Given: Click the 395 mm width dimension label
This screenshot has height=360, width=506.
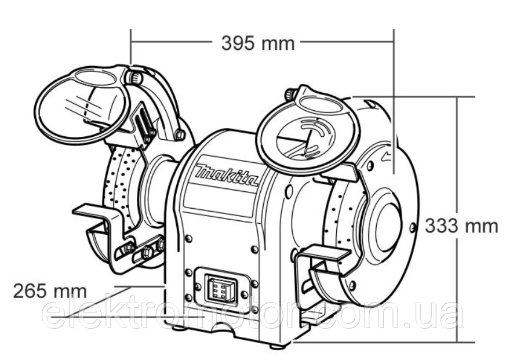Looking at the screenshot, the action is click(258, 43).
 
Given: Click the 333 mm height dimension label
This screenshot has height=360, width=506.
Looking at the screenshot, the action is click(461, 226).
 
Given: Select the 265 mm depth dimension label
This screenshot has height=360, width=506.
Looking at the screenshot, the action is click(50, 291).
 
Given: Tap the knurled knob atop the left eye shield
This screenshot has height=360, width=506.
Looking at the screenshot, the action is click(134, 76).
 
